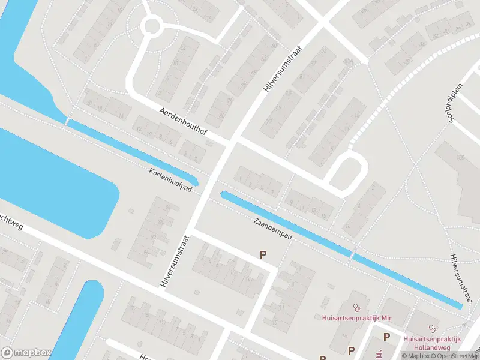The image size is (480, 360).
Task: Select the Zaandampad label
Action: point(272,229)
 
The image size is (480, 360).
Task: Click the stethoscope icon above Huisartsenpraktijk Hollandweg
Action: point(431,328)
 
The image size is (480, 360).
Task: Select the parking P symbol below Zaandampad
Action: point(262,255)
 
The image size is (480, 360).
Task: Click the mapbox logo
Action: point(25,353)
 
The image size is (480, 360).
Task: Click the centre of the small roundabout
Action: point(151,26)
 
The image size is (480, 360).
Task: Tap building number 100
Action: point(461,157)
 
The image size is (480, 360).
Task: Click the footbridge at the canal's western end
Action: point(67,121)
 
